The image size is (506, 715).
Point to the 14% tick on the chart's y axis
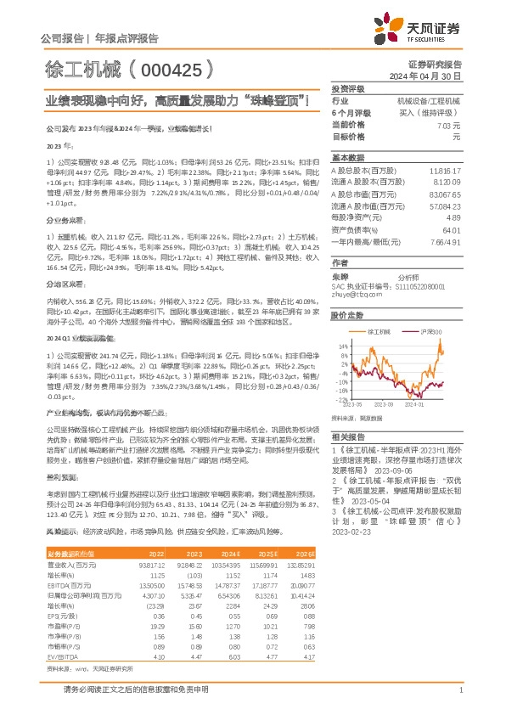coord(341,346)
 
